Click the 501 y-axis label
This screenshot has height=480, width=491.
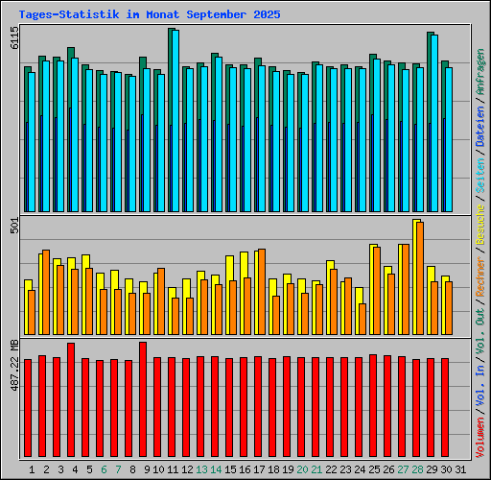(x=13, y=226)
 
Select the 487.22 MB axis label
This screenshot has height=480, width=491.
(x=13, y=365)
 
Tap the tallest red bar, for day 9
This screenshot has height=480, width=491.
(x=143, y=401)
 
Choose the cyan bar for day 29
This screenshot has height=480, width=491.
(x=433, y=123)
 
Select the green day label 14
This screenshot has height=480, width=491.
(x=216, y=469)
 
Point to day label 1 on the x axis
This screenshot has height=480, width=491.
(x=32, y=469)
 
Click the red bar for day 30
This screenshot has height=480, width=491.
(x=445, y=409)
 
